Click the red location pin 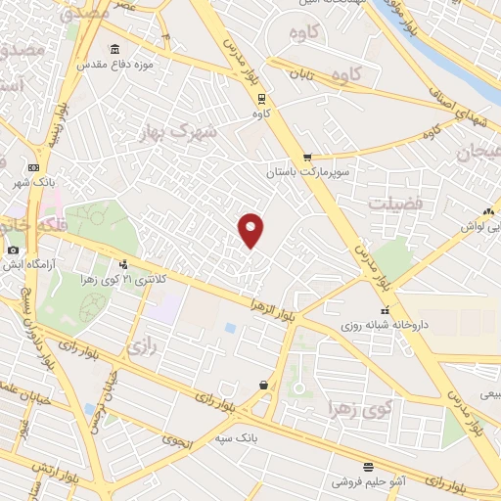pyautogui.click(x=251, y=230)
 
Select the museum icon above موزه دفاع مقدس pyautogui.click(x=114, y=50)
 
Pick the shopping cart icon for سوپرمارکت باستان pyautogui.click(x=307, y=157)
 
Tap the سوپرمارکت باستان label pyautogui.click(x=305, y=172)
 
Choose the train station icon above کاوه pyautogui.click(x=260, y=98)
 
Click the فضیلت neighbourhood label pyautogui.click(x=395, y=203)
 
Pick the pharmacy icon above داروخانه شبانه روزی pyautogui.click(x=383, y=310)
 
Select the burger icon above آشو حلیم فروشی pyautogui.click(x=367, y=467)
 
